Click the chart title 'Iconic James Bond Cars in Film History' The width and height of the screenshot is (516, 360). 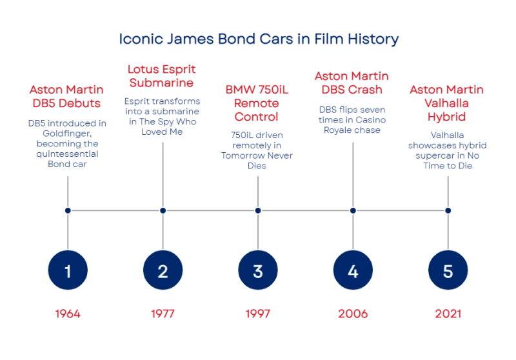coord(259,39)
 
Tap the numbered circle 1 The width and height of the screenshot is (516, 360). coord(68,270)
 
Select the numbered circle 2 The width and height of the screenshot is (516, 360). coord(163,270)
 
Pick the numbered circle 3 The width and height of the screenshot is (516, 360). coord(258,270)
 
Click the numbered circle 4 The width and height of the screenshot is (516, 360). coord(353,270)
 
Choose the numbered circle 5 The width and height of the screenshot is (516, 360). coord(448,270)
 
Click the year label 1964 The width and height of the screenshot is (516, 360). coord(68,314)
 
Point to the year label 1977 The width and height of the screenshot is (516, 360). coord(163,314)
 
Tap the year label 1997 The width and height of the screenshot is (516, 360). coord(258,314)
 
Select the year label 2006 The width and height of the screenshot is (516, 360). coord(353,314)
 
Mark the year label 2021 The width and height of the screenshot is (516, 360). coord(448,314)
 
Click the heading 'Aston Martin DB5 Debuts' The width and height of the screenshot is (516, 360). coord(67,96)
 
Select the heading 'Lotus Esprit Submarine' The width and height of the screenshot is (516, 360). coord(162,76)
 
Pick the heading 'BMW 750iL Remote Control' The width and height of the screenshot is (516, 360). coord(257,103)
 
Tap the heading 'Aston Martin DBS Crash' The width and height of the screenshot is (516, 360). coord(352,83)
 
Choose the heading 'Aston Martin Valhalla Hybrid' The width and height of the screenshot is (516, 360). coord(446,103)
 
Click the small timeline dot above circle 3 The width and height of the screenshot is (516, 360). coord(258,210)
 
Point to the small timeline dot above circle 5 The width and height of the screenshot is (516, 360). coord(448,210)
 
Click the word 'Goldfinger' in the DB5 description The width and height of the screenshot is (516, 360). coord(67,134)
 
